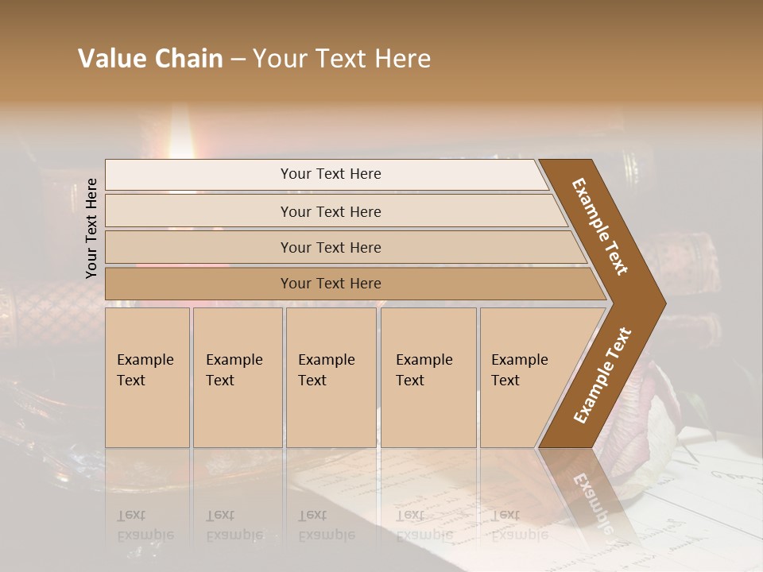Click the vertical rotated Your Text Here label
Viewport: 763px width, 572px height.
92,228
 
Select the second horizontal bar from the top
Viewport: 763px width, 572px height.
331,211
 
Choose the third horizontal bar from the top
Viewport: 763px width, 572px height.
331,247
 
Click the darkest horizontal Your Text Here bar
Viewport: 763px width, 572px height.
331,284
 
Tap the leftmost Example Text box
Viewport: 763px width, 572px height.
147,377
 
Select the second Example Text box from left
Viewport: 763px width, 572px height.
238,377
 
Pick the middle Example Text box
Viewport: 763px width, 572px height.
331,377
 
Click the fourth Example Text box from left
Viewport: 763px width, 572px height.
428,377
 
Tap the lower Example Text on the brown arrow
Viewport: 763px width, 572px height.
602,375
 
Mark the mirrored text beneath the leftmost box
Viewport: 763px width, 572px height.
145,525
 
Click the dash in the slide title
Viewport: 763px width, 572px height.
238,60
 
